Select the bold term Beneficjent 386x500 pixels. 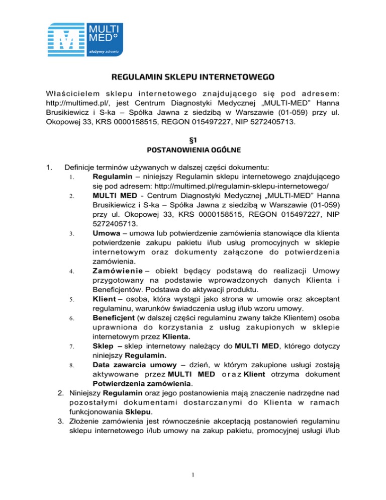tap(114, 318)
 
